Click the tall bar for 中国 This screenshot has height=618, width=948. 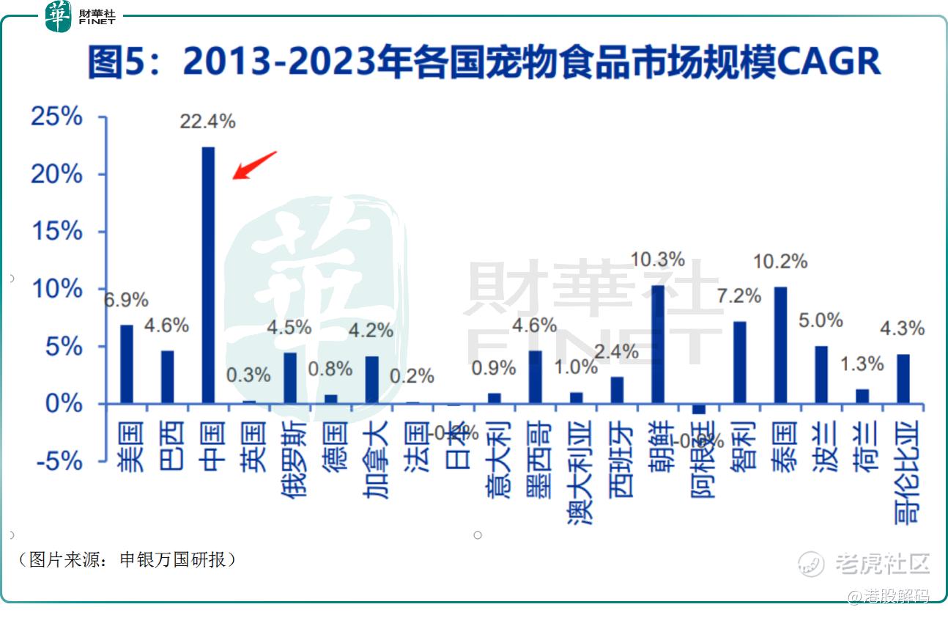209,275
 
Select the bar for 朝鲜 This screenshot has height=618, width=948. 658,344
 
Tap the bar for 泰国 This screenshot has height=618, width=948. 780,345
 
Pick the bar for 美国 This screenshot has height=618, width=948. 127,364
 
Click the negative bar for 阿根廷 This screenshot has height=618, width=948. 699,409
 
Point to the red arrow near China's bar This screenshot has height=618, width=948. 253,165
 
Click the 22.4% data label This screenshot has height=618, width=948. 208,122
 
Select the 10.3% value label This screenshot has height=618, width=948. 658,260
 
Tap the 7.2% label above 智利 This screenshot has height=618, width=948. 739,295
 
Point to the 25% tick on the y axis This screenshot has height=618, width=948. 56,117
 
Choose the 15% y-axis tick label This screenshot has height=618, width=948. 56,232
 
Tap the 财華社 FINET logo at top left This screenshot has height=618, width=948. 81,16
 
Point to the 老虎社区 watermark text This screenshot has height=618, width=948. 882,564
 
